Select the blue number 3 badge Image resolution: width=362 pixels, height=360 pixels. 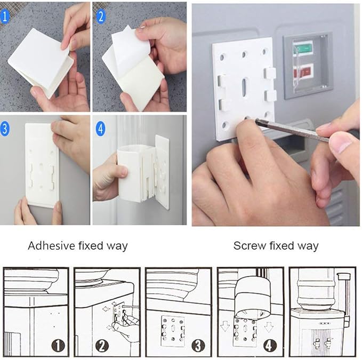pyautogui.click(x=5, y=129)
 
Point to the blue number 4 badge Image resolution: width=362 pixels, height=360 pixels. pyautogui.click(x=100, y=129)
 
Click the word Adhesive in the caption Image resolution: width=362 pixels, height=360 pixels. pyautogui.click(x=51, y=245)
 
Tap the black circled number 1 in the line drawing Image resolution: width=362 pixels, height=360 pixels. pyautogui.click(x=58, y=346)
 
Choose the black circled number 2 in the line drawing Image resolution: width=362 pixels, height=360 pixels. pyautogui.click(x=102, y=346)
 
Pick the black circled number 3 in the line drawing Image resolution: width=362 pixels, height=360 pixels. pyautogui.click(x=198, y=346)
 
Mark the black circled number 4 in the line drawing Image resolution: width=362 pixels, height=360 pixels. pyautogui.click(x=270, y=346)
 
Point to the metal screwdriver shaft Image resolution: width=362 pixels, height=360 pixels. pyautogui.click(x=292, y=130)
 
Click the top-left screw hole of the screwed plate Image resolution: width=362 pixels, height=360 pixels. pyautogui.click(x=222, y=57)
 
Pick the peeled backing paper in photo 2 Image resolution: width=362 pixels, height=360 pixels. pyautogui.click(x=126, y=50)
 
